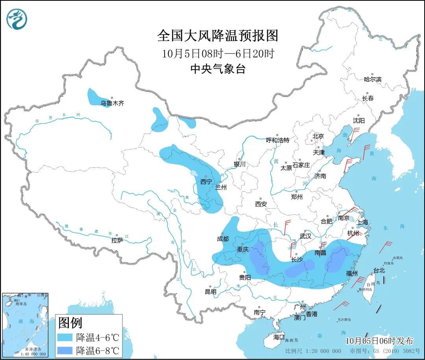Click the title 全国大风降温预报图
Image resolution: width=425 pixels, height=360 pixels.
pos(217,36)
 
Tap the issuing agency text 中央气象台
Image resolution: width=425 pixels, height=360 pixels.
pos(217,69)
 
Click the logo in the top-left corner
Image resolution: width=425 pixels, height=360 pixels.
pos(17,19)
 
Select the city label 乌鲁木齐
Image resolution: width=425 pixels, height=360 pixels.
pos(112,104)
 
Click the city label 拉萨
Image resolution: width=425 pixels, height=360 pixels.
pos(117,240)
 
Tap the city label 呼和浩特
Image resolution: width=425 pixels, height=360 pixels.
pos(277,140)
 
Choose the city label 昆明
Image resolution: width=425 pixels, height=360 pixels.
pos(211,292)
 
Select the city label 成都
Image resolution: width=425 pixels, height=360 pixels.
pos(222,239)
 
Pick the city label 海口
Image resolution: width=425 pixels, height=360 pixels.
pos(279,337)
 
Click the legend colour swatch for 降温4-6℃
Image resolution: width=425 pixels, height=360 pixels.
pos(65,337)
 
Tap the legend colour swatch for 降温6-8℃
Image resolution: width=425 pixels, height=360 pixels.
pos(65,350)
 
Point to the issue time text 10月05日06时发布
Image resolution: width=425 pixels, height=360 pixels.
pos(379,341)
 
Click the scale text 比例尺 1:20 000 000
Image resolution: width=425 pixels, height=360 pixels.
pos(313,351)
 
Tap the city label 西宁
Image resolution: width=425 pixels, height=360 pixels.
pos(206,182)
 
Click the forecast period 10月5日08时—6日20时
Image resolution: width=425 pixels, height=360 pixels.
pos(217,54)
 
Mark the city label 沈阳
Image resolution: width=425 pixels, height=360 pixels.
pos(358,120)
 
